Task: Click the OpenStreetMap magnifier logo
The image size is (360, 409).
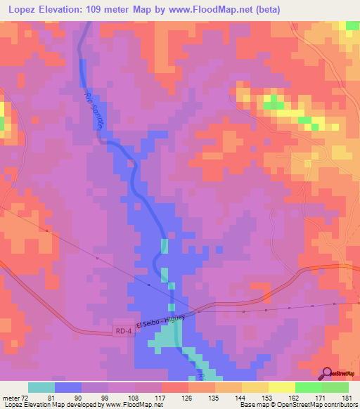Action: pos(328,373)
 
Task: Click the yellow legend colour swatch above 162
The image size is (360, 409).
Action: pos(282,387)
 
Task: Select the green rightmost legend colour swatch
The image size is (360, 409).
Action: pos(335,387)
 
